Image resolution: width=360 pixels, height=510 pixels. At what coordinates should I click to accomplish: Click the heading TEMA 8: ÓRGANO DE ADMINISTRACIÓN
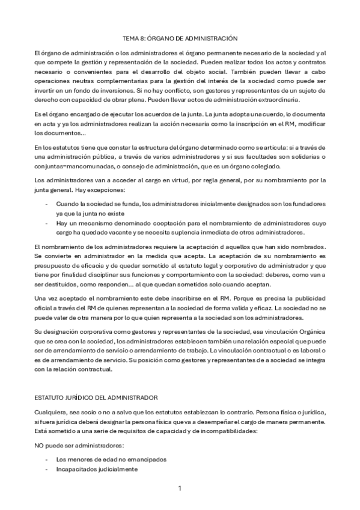(180, 38)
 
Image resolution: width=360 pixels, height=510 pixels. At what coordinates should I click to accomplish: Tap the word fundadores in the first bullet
(307, 204)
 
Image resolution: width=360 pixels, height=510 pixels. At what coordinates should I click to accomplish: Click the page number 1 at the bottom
(180, 488)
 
